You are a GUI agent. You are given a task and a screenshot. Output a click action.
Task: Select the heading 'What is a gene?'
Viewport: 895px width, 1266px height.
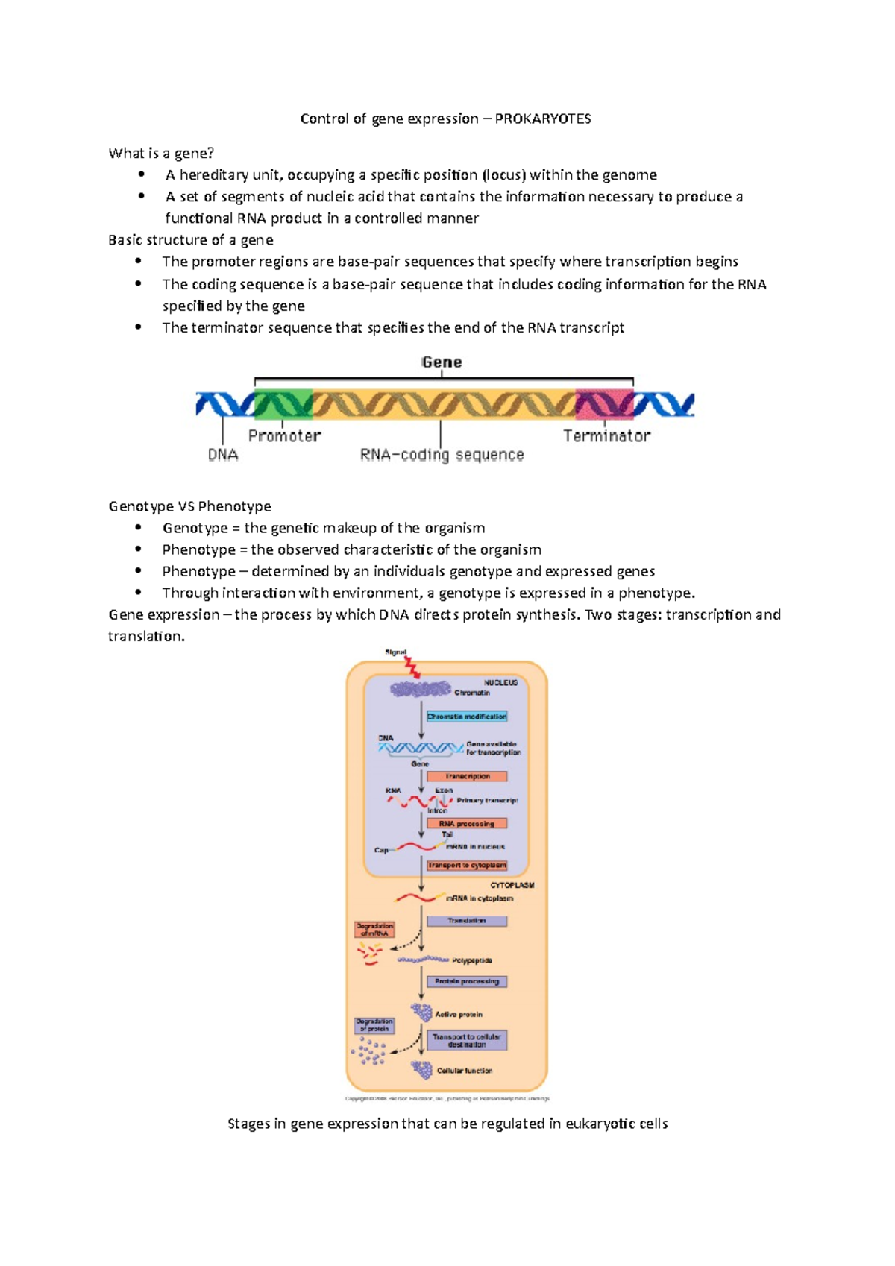click(x=161, y=153)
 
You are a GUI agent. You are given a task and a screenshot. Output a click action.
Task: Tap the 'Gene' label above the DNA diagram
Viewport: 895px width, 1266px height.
click(x=442, y=362)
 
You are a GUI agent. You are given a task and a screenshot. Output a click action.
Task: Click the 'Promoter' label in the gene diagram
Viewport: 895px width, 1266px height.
click(x=284, y=435)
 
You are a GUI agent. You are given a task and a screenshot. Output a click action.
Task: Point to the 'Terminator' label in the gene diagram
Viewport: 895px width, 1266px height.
click(x=606, y=435)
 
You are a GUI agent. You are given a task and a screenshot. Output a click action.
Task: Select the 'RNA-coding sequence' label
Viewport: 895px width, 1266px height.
click(x=442, y=455)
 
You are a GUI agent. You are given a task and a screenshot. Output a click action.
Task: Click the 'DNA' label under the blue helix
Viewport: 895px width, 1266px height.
click(x=223, y=455)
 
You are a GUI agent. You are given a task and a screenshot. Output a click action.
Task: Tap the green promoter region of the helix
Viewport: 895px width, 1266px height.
click(x=283, y=404)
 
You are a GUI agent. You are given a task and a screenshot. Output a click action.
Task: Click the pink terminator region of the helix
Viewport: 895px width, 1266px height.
click(x=604, y=404)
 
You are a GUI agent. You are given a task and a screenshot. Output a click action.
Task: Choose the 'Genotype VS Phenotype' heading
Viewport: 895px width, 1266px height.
click(x=189, y=506)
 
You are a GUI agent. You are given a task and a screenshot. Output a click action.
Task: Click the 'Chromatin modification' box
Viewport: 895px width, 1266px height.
click(x=467, y=717)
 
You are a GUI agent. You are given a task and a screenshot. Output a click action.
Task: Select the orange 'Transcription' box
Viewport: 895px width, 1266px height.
click(x=467, y=776)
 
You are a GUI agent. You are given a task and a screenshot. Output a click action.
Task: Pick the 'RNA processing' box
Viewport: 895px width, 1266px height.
click(x=467, y=823)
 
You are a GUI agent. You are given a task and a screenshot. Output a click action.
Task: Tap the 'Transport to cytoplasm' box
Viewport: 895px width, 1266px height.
click(x=467, y=865)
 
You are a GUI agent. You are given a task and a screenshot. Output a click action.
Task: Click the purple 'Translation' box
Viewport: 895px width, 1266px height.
click(x=467, y=921)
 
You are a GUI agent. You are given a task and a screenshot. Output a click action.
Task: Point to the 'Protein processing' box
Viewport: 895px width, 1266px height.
click(x=467, y=981)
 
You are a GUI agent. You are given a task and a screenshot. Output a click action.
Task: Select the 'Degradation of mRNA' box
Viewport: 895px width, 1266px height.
click(x=374, y=929)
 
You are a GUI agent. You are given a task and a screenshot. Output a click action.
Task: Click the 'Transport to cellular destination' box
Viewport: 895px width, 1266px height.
click(x=467, y=1040)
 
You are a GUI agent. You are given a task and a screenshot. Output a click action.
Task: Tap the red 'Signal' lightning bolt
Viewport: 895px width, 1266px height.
click(x=412, y=667)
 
